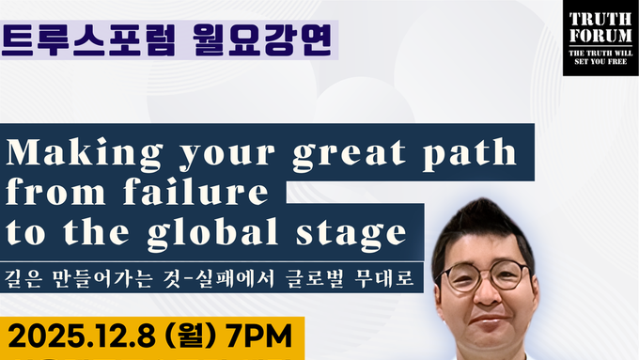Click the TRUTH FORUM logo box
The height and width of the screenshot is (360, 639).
click(600, 39)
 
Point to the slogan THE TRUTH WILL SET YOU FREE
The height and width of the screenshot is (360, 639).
click(600, 57)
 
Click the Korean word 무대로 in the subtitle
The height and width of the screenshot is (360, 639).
click(386, 281)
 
